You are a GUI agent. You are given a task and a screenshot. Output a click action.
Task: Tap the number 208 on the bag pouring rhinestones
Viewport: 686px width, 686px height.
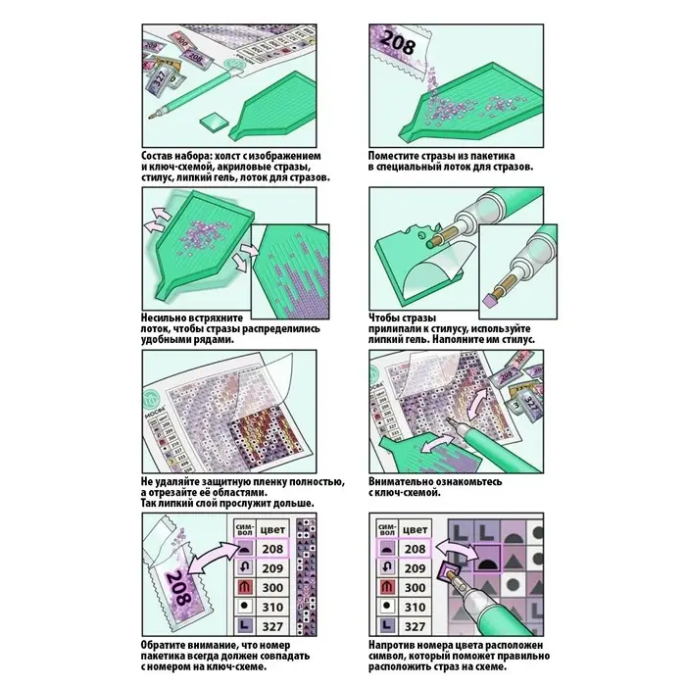point(399,40)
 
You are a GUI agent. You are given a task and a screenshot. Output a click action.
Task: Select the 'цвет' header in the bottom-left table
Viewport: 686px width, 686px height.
point(273,530)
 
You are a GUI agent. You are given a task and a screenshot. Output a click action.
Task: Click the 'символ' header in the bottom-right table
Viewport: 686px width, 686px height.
point(385,530)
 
